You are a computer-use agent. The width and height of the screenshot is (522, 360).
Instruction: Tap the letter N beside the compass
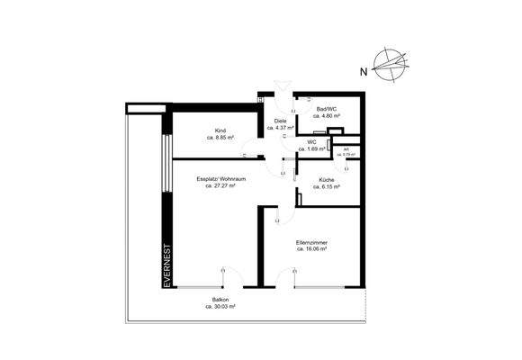click(362, 69)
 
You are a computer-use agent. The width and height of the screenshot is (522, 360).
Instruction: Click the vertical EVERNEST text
click(166, 266)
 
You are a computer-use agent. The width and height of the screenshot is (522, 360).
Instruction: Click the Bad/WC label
click(323, 108)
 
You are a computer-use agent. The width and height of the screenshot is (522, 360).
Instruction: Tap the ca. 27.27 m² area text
click(220, 186)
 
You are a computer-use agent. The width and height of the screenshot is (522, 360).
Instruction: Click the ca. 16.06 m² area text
click(311, 249)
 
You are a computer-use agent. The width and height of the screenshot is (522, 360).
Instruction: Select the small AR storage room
click(346, 150)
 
